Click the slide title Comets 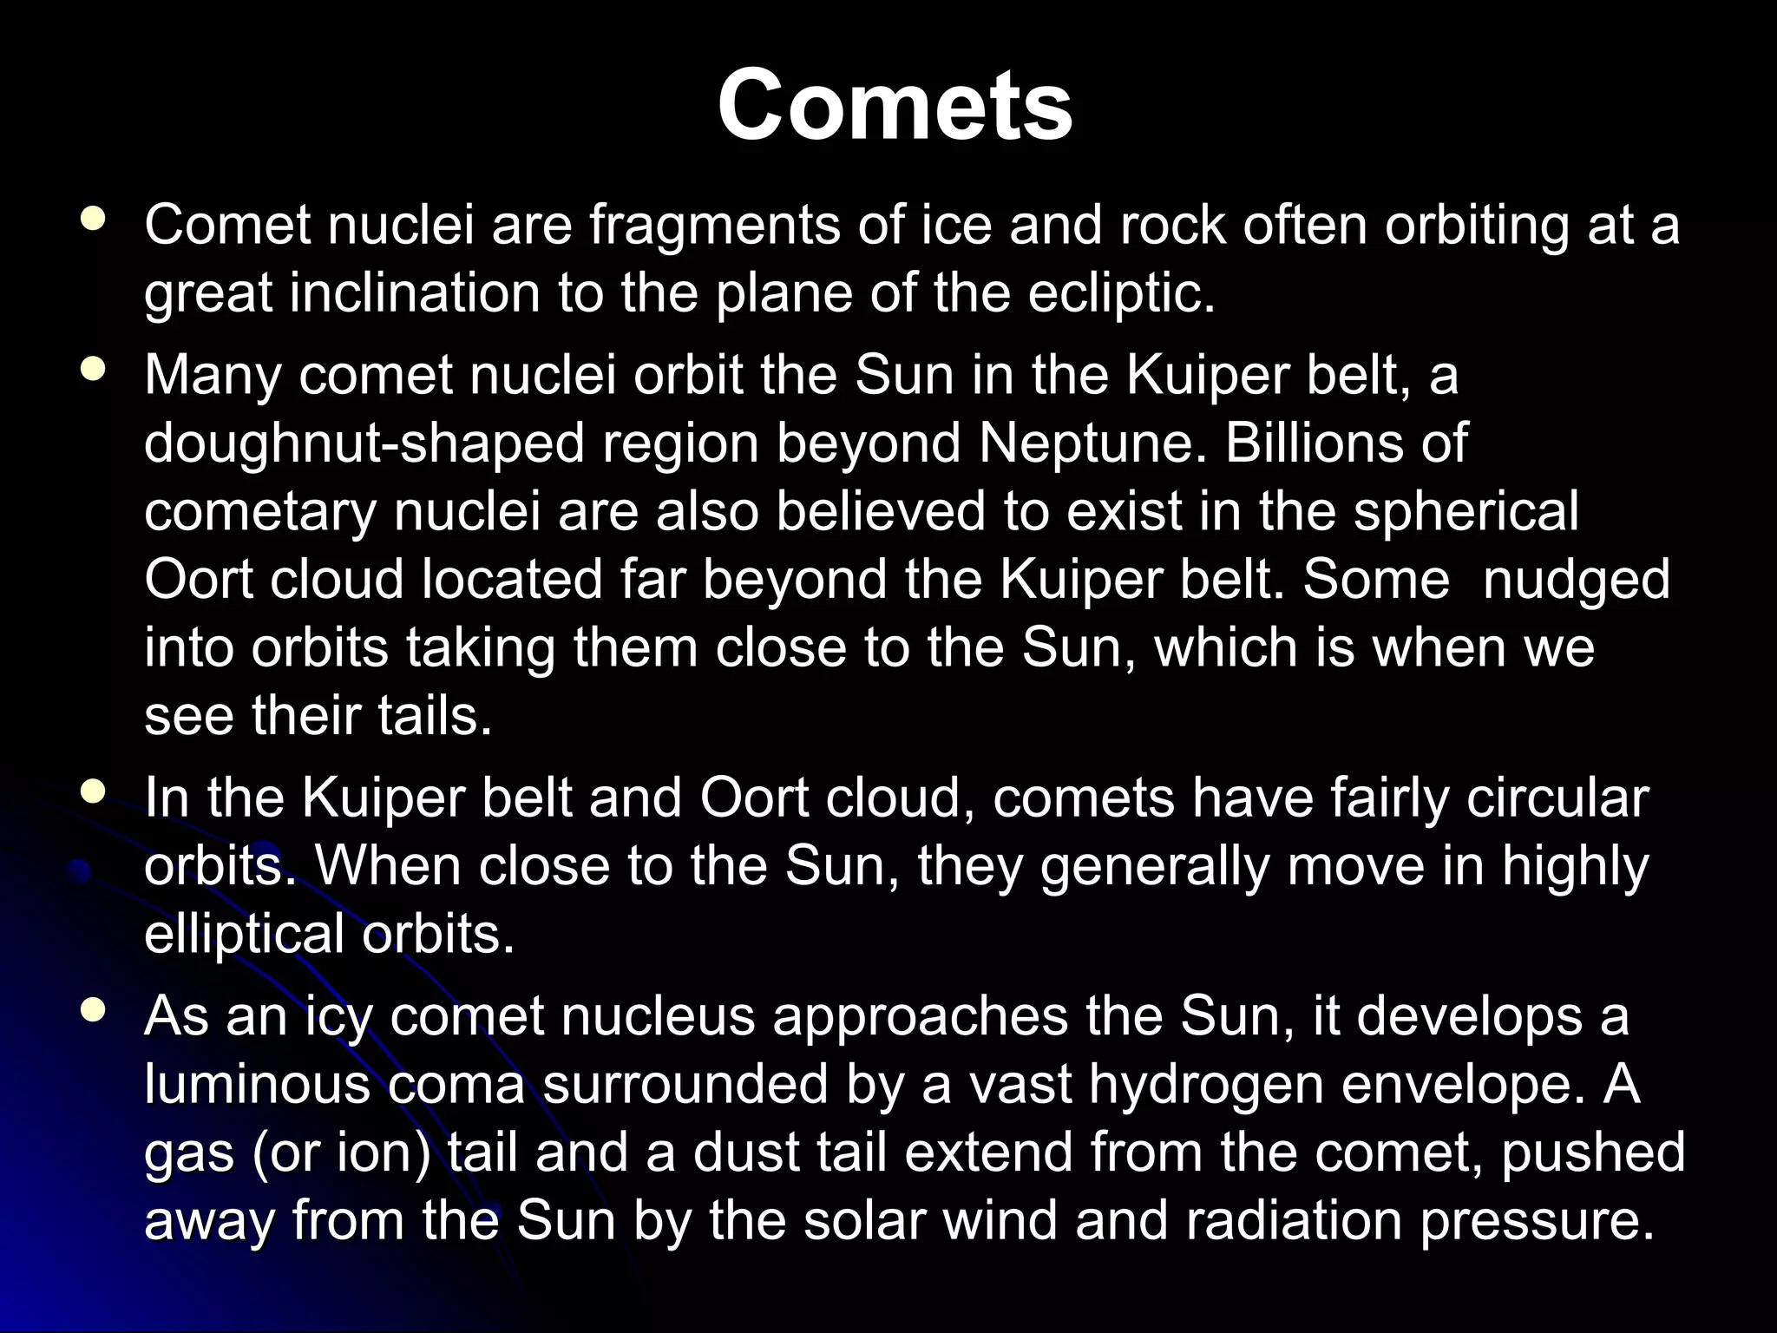(895, 106)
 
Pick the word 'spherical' (1466, 511)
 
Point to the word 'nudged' (1576, 579)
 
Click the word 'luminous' (257, 1085)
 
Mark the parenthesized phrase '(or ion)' (342, 1153)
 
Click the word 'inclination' (415, 293)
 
